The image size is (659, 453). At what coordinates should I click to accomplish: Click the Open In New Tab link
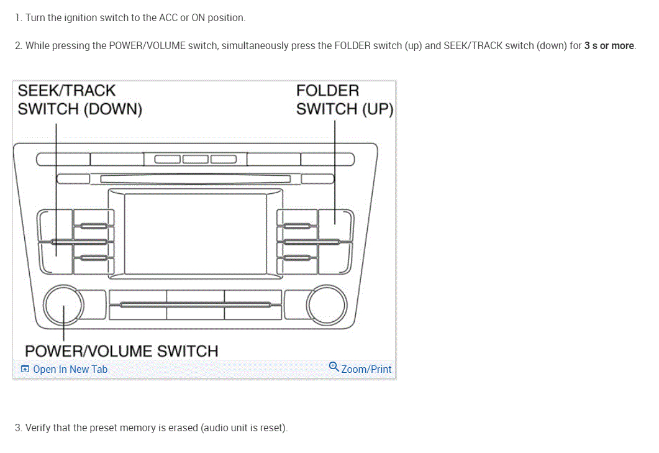[x=70, y=369]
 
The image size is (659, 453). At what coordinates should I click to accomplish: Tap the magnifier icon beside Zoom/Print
[x=334, y=367]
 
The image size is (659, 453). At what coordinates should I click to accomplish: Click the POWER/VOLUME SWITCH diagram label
[x=121, y=351]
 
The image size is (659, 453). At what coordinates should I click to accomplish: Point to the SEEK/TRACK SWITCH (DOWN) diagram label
[x=80, y=99]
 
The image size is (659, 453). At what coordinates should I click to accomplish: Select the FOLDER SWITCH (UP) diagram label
[x=344, y=99]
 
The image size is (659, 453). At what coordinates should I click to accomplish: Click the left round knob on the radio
[x=63, y=304]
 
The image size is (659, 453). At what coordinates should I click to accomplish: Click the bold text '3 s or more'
[x=609, y=45]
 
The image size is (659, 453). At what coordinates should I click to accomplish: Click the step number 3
[x=17, y=428]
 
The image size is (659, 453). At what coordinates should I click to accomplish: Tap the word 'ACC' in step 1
[x=168, y=17]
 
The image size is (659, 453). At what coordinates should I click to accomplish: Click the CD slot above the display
[x=195, y=180]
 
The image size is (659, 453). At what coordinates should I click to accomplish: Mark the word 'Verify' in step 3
[x=38, y=428]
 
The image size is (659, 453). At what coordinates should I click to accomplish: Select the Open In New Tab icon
[x=25, y=369]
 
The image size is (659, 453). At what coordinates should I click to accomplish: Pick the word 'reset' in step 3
[x=271, y=428]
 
